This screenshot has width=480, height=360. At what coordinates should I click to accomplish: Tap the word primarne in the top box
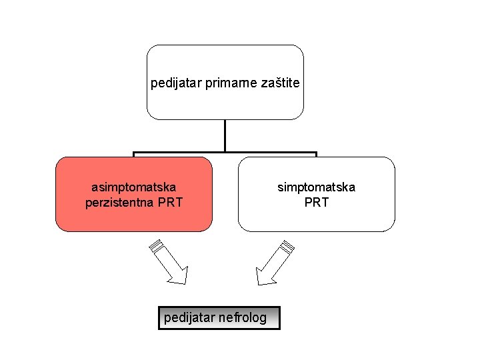click(223, 84)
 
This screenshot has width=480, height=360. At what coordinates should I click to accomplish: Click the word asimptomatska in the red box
click(133, 187)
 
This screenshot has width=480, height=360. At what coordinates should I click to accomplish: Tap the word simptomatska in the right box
click(316, 187)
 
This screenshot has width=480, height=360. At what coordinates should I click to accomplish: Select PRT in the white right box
click(316, 202)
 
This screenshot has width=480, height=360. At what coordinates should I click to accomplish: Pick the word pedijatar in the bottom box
click(189, 318)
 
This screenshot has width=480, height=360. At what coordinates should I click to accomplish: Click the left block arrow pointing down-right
click(169, 263)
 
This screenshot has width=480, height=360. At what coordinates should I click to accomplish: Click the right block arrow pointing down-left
click(273, 263)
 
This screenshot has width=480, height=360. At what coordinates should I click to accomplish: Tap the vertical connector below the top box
click(225, 136)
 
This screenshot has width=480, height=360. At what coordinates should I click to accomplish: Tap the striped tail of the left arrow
click(155, 245)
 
